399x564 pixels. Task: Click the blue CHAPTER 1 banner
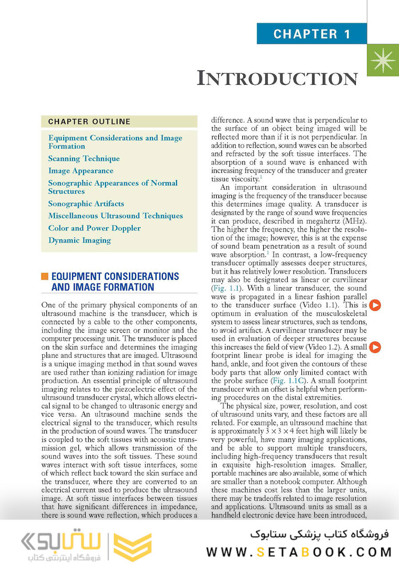(x=312, y=34)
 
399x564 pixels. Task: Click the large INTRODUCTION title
(x=277, y=78)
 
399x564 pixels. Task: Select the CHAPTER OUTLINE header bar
(x=119, y=122)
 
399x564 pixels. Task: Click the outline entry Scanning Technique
(x=84, y=158)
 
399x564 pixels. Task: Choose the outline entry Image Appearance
(x=80, y=171)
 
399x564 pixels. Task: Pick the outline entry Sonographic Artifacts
(x=86, y=204)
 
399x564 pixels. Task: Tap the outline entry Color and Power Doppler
(x=95, y=228)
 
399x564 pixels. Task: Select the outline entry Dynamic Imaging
(x=79, y=240)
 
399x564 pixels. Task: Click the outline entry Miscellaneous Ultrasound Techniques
(x=115, y=216)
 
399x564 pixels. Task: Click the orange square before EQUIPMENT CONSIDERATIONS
(x=44, y=276)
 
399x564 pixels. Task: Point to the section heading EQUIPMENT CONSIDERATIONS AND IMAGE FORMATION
(x=115, y=281)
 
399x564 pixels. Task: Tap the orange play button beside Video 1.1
(x=375, y=305)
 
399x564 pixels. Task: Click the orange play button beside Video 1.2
(x=375, y=347)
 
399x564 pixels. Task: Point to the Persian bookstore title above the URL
(x=320, y=534)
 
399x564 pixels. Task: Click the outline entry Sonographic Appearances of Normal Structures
(x=113, y=187)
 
